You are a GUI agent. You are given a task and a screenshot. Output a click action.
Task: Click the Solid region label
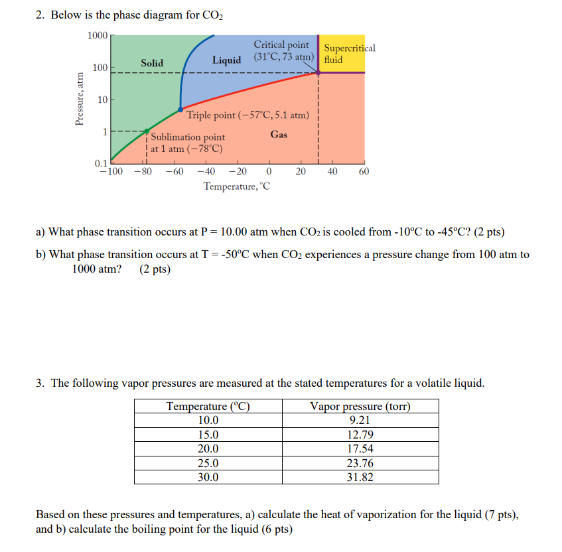pos(151,63)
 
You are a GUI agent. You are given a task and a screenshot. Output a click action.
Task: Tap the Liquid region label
pos(226,60)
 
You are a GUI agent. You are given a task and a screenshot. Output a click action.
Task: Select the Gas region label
pos(279,135)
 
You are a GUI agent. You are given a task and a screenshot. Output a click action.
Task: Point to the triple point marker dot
pos(180,109)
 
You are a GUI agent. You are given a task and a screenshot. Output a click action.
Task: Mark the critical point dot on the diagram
pos(318,72)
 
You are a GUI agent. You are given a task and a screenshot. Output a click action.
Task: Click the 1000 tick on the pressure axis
pos(97,35)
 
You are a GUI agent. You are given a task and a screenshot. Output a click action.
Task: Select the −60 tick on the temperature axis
pos(174,172)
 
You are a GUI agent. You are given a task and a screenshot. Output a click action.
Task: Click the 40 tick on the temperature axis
pos(332,172)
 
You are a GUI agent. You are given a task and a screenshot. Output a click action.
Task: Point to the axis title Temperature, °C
pos(237,186)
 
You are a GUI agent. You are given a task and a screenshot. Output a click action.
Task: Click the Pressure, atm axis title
pos(80,99)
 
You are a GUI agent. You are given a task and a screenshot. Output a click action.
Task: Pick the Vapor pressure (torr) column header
pos(360,406)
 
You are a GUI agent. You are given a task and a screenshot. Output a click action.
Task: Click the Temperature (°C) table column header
pos(208,406)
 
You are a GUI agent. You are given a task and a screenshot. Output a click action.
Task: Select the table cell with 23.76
pos(360,464)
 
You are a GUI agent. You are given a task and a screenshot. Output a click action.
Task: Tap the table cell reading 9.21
pos(360,420)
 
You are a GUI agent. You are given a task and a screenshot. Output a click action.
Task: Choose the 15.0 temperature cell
pos(208,435)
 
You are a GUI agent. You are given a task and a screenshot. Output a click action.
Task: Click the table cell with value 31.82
pos(360,477)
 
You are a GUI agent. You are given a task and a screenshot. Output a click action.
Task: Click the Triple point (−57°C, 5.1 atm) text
pos(247,115)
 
